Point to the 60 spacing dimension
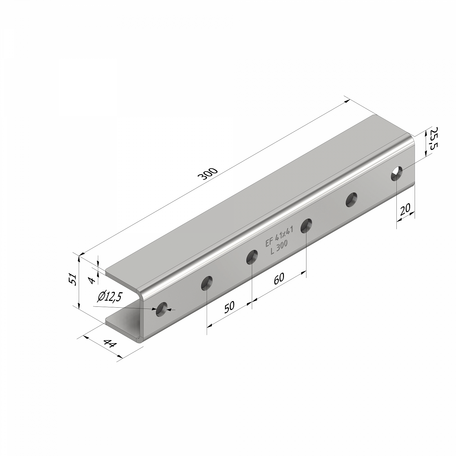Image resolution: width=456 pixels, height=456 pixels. point(279,278)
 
